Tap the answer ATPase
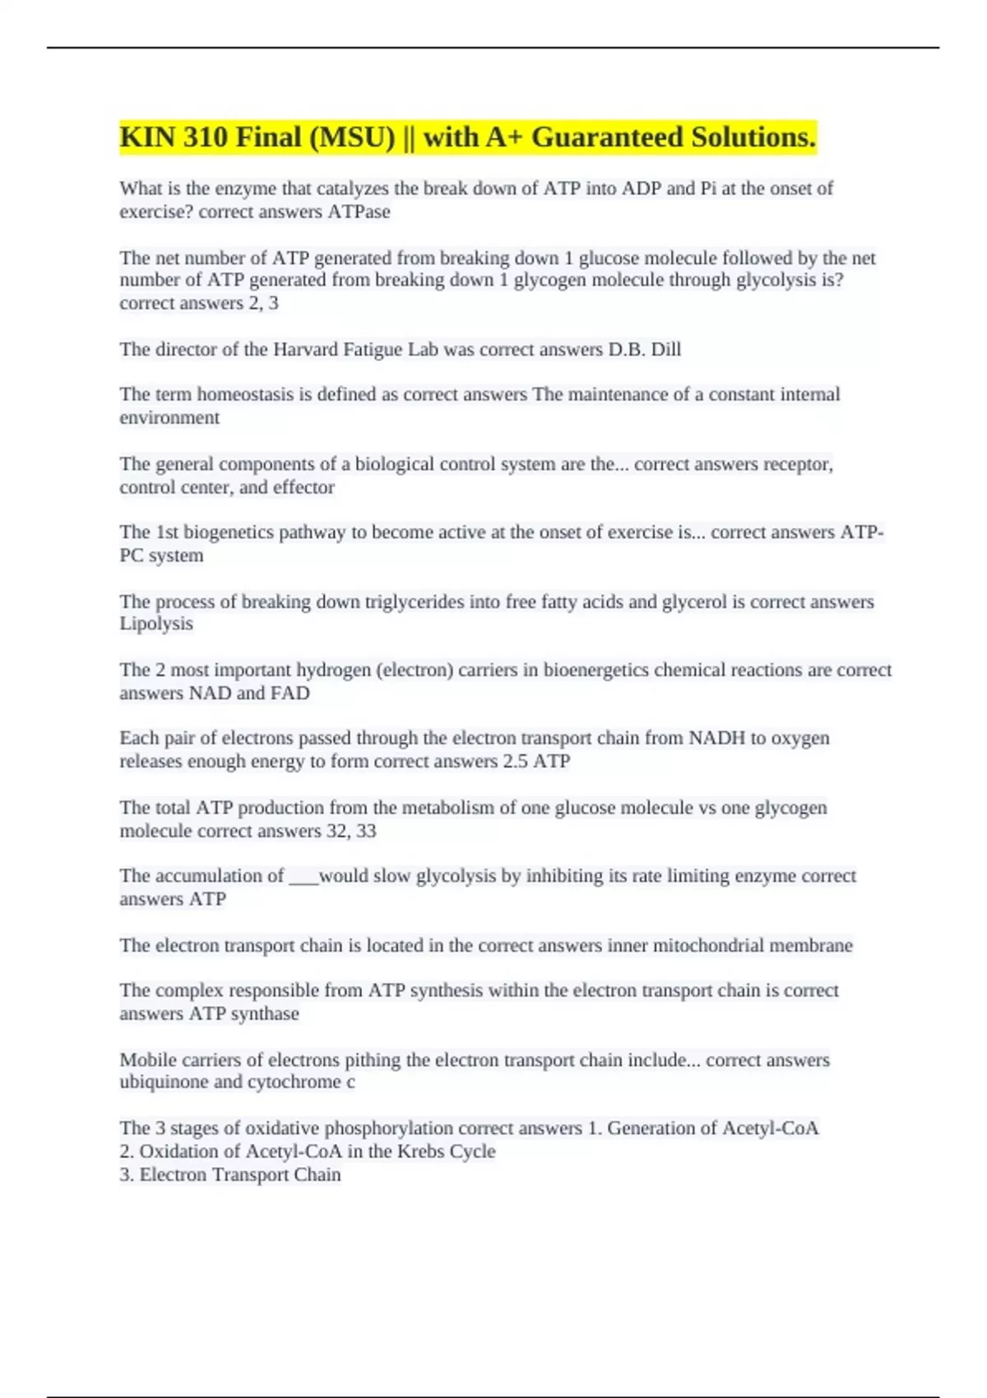click(x=359, y=211)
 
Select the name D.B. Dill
click(x=644, y=349)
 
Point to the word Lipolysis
click(x=156, y=624)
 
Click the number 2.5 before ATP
click(x=515, y=761)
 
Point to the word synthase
click(x=265, y=1014)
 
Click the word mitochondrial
click(x=708, y=946)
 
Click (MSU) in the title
click(x=352, y=137)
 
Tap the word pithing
click(x=373, y=1060)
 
